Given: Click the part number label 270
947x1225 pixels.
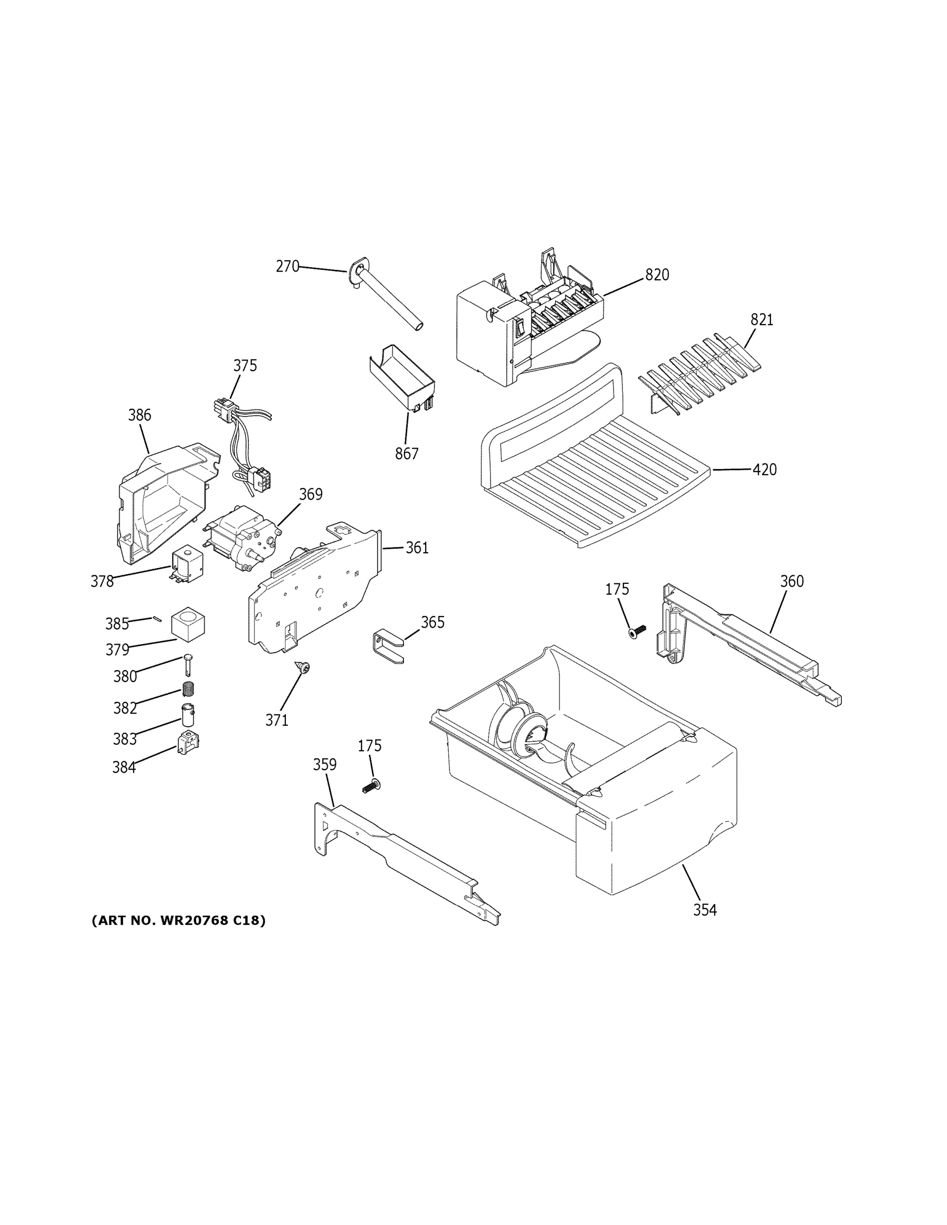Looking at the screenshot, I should coord(287,266).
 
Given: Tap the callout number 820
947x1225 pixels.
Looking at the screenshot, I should coord(657,275).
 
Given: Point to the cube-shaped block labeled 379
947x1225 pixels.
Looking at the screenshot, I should coord(188,625).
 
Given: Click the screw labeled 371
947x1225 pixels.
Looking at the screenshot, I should coord(305,667).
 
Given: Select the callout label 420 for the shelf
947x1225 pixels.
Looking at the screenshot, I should coord(764,470).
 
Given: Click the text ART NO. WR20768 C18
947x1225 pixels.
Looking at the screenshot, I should coord(178,920).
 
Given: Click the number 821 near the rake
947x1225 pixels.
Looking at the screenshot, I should coord(762,320).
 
